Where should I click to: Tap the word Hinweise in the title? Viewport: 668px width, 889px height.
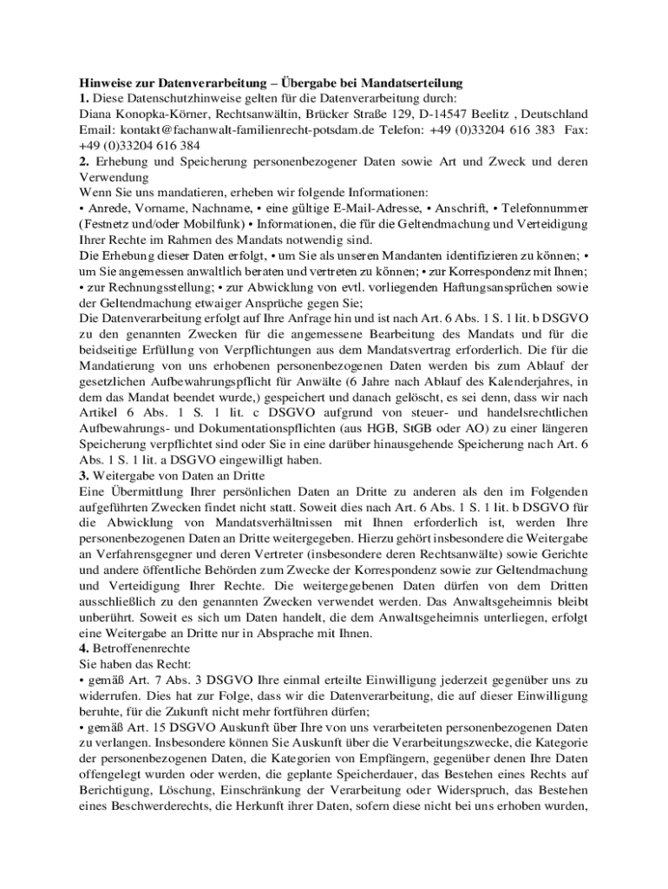point(106,82)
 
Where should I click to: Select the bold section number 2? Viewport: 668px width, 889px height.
point(83,161)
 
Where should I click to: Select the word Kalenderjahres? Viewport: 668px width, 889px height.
point(534,381)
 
